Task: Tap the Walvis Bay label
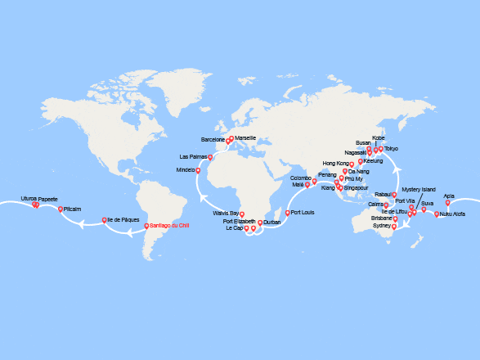click(x=225, y=213)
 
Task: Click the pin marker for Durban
click(x=260, y=223)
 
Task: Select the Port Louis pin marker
click(x=286, y=213)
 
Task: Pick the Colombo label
click(x=301, y=178)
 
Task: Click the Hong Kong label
click(x=336, y=164)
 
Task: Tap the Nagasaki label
click(x=356, y=152)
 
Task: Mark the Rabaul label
click(x=384, y=194)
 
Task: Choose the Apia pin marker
click(x=447, y=203)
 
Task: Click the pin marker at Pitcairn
click(x=61, y=209)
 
